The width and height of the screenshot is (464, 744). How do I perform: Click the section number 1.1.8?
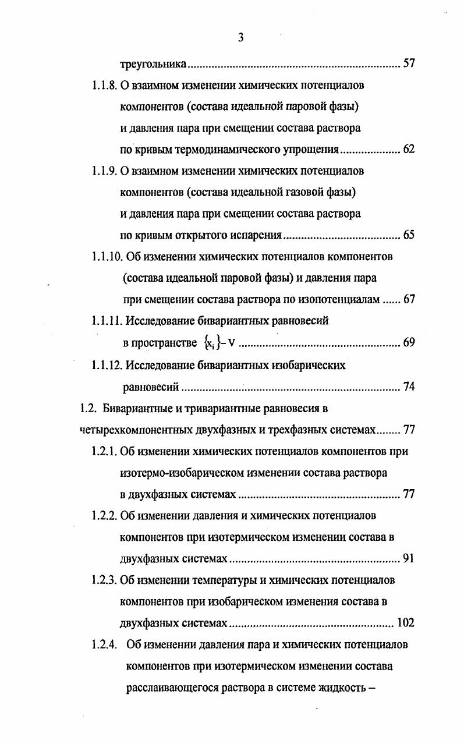105,86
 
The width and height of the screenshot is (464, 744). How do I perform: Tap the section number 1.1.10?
107,257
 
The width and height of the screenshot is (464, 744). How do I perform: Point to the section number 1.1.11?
107,321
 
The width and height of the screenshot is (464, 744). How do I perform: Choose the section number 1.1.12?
107,365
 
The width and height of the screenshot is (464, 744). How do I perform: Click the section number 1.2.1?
105,451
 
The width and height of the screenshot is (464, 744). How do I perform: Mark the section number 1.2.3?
105,580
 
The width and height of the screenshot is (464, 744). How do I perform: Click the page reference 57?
408,63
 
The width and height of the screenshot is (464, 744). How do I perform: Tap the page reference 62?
408,150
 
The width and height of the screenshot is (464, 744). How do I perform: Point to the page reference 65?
408,235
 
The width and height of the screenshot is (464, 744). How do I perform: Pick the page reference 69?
408,342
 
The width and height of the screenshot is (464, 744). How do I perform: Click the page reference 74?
408,387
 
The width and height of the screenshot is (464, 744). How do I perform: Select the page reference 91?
408,558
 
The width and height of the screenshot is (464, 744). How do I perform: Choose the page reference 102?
405,623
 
